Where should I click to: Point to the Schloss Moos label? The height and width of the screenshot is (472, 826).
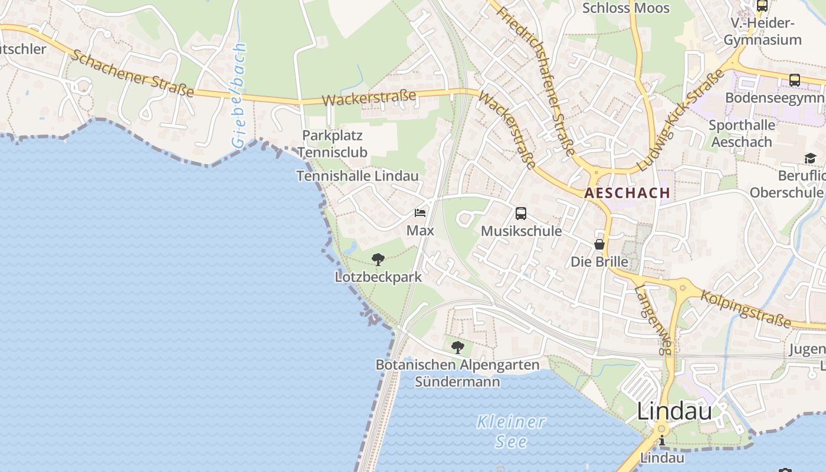[x=626, y=8]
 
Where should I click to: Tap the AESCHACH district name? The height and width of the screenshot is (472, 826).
[x=627, y=193]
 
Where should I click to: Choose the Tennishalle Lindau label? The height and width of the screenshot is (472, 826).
[x=358, y=176]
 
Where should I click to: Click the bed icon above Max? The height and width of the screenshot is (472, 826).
[x=420, y=213]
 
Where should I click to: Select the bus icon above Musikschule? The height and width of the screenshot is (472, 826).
[x=520, y=214]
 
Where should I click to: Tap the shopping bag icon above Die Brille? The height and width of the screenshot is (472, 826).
[x=599, y=244]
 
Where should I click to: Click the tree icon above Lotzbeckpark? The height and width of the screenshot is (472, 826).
[x=378, y=259]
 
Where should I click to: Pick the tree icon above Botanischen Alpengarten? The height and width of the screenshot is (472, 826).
[x=457, y=348]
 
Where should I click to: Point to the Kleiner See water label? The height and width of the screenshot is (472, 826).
[x=512, y=431]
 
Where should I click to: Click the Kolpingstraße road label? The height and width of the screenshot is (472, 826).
[x=746, y=309]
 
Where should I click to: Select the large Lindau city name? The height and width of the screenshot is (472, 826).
[x=674, y=411]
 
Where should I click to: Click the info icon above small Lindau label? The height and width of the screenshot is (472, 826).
[x=662, y=440]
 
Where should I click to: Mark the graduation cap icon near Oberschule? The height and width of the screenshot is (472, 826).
[x=810, y=158]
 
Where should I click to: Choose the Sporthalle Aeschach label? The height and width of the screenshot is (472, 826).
[x=742, y=133]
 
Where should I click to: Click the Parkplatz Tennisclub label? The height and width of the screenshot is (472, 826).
[x=332, y=143]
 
